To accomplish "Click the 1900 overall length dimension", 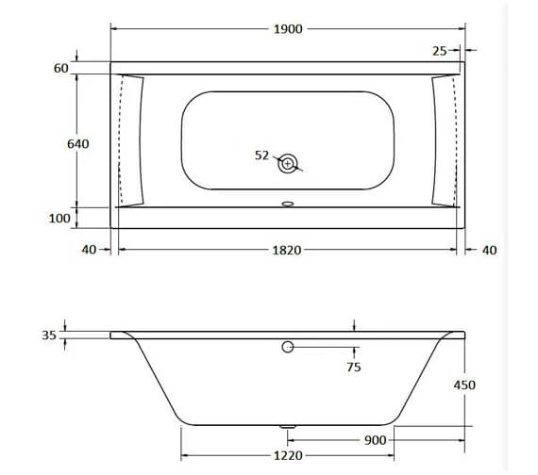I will tap(288, 29).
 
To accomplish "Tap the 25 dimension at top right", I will tap(441, 51).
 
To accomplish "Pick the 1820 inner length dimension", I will tap(287, 250).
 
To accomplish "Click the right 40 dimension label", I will tap(488, 250).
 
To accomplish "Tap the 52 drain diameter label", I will tap(262, 156).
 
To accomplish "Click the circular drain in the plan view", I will tap(288, 163).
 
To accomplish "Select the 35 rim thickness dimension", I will tap(49, 334).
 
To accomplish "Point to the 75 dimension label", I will tap(353, 368).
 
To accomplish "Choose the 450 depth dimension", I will tap(463, 385).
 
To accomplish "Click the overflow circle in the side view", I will tap(288, 348).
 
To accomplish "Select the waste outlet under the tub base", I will tap(288, 427).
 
